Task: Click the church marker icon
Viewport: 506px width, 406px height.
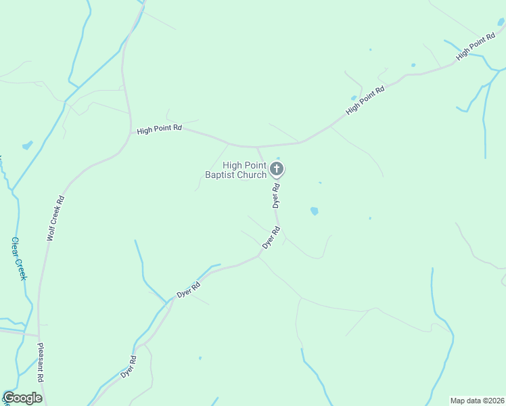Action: [277, 168]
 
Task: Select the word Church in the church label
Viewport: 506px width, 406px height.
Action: [252, 175]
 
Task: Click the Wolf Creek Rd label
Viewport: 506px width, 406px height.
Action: [55, 219]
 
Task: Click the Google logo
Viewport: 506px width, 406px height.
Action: [22, 398]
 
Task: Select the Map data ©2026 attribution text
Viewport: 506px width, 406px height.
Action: [478, 400]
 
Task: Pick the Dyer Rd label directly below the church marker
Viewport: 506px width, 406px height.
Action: [276, 196]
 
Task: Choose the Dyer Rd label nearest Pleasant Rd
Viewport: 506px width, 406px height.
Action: [129, 366]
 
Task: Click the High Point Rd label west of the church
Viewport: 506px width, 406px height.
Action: [160, 129]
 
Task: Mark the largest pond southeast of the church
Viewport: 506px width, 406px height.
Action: [314, 211]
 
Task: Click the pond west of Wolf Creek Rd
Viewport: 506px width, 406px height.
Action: [27, 145]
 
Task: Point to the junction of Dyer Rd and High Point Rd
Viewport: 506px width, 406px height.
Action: [256, 146]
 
